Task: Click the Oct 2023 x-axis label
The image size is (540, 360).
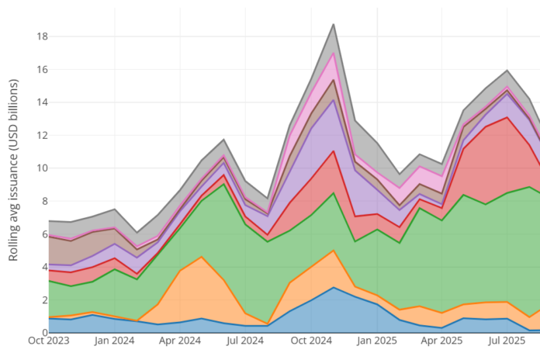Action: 48,341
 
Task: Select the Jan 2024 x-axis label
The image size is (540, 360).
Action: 115,341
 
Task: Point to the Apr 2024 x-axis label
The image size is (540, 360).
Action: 180,341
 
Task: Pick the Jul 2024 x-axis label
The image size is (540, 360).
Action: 245,341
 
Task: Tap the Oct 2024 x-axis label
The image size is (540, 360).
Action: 312,341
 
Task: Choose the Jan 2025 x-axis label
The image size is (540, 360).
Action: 378,341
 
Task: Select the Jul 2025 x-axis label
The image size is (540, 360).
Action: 508,341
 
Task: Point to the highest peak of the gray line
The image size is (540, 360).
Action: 334,24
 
